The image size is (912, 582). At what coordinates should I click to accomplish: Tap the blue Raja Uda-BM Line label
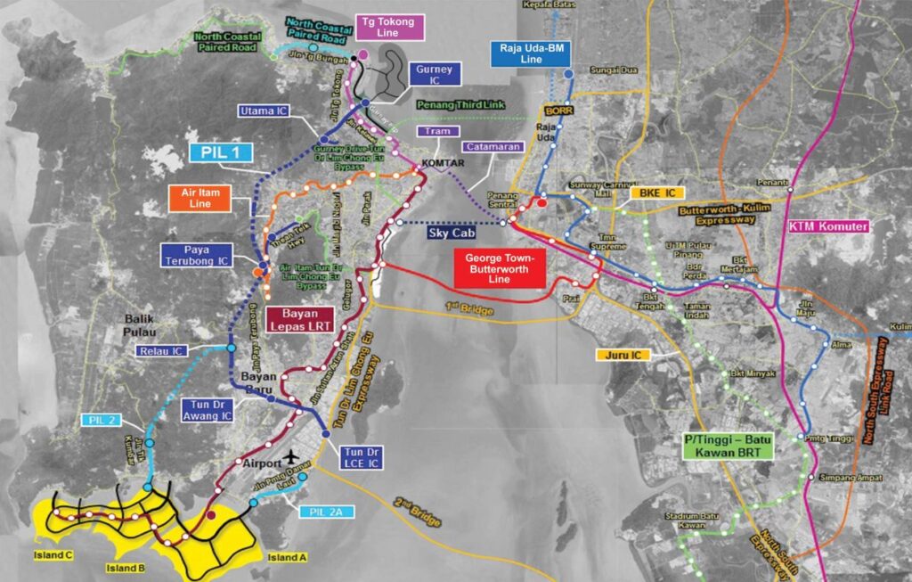click(x=531, y=53)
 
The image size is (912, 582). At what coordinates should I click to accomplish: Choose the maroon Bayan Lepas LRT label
click(x=306, y=320)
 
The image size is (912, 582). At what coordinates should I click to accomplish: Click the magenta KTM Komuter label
click(x=828, y=226)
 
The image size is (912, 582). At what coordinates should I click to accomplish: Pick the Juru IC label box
click(x=624, y=355)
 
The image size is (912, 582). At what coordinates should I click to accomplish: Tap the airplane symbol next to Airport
click(x=290, y=460)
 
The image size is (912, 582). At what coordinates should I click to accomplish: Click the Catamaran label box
click(x=491, y=147)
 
